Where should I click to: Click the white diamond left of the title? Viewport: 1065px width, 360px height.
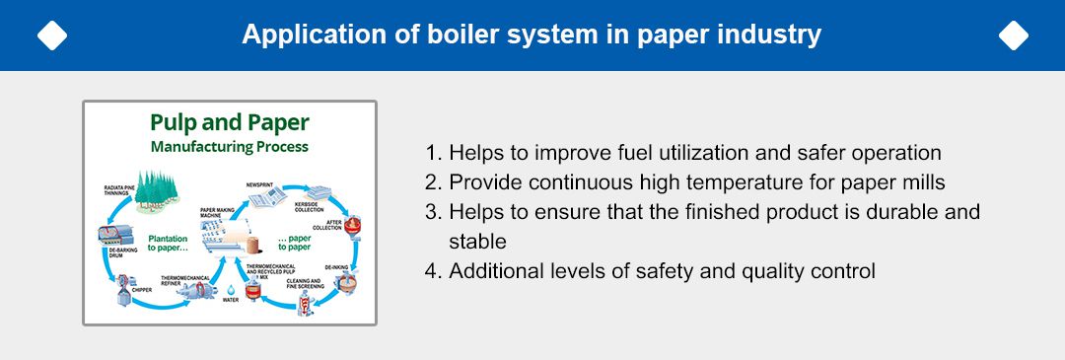(51, 36)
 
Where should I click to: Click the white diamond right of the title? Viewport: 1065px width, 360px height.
(1013, 36)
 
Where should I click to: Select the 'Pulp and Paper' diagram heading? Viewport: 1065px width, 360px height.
(229, 123)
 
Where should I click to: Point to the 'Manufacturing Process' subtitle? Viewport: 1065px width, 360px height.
(229, 147)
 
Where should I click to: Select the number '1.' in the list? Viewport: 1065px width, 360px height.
(433, 153)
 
